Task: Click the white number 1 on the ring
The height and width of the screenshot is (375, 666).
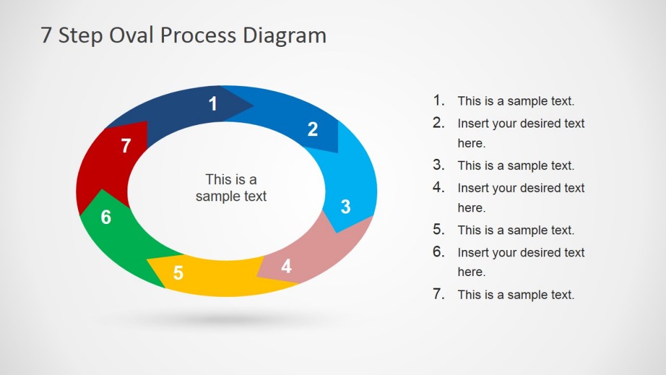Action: pyautogui.click(x=213, y=104)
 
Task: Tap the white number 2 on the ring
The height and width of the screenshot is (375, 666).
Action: pyautogui.click(x=313, y=130)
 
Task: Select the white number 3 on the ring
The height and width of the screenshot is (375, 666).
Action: pyautogui.click(x=346, y=207)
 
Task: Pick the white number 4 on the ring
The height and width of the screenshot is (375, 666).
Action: pyautogui.click(x=286, y=266)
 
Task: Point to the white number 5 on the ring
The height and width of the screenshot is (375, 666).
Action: pyautogui.click(x=178, y=273)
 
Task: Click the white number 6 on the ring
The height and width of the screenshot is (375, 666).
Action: pyautogui.click(x=106, y=217)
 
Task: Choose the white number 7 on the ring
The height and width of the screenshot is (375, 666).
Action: pyautogui.click(x=126, y=146)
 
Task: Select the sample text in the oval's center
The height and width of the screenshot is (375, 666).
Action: pyautogui.click(x=231, y=187)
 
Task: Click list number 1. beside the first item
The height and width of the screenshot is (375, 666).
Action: pyautogui.click(x=439, y=100)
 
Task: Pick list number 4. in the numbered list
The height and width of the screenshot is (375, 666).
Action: pyautogui.click(x=439, y=187)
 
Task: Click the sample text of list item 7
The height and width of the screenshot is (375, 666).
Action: pyautogui.click(x=516, y=295)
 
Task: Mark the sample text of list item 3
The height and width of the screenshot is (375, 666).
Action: pyautogui.click(x=516, y=166)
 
